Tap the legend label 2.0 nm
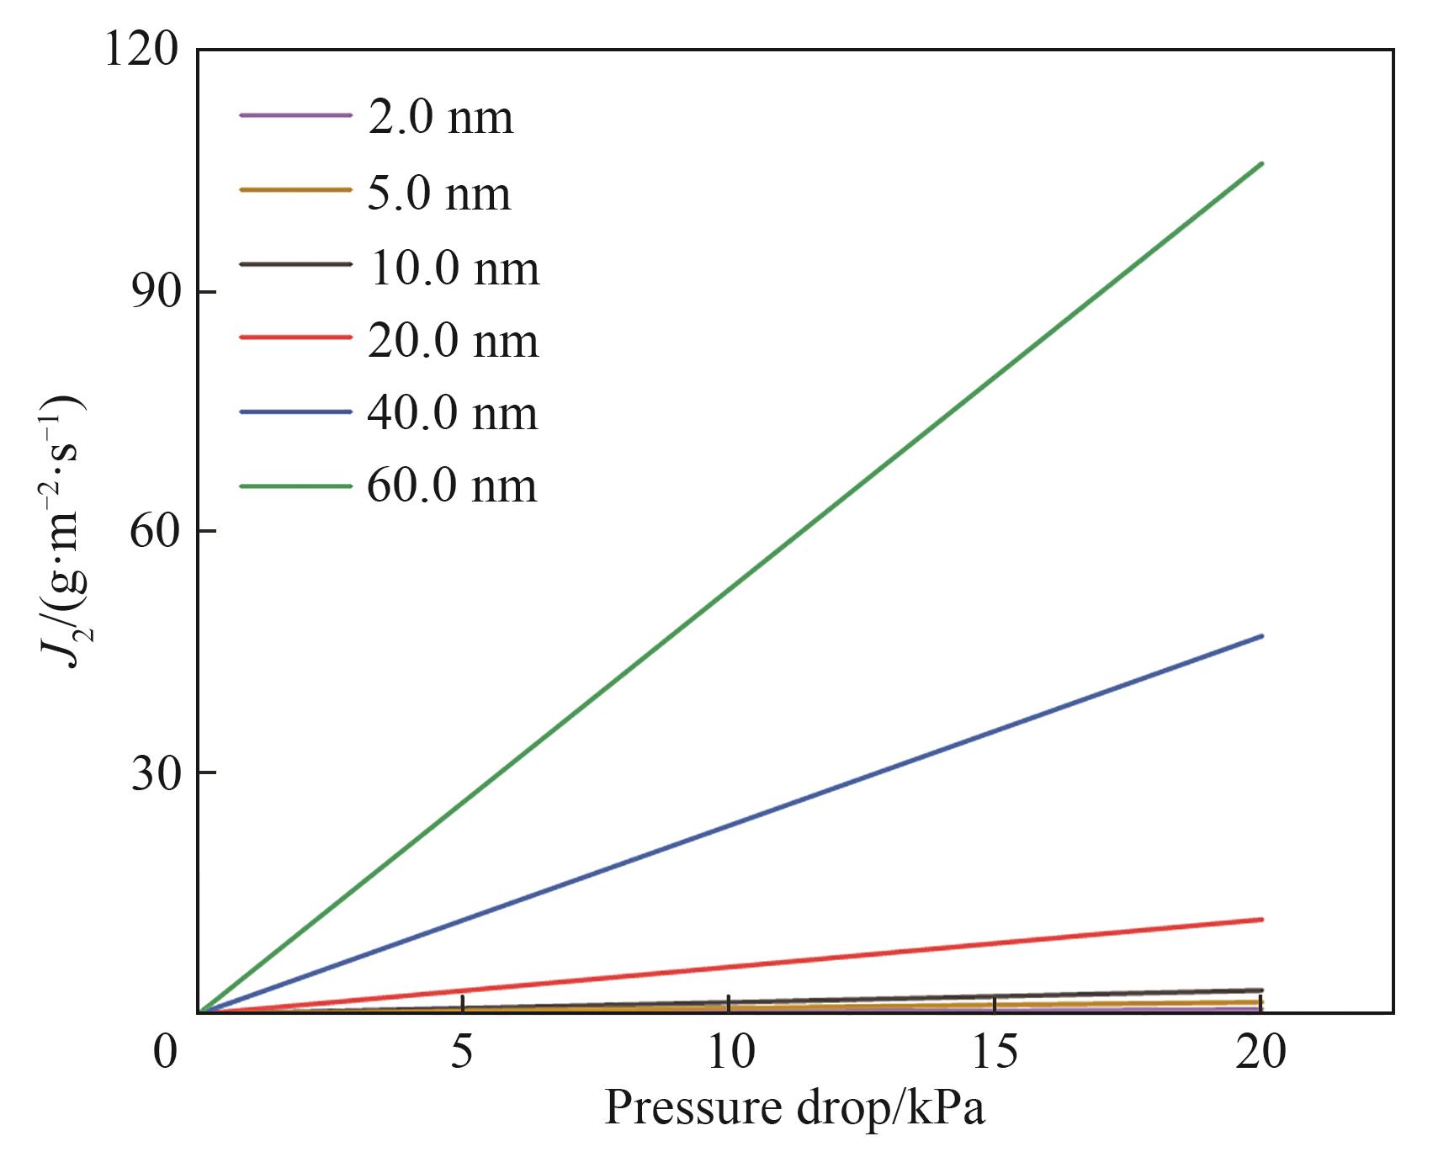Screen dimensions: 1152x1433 click(x=440, y=117)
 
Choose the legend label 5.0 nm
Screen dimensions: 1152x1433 click(x=439, y=193)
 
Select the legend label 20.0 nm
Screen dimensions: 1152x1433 click(x=454, y=341)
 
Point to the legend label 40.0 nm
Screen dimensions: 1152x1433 click(x=453, y=413)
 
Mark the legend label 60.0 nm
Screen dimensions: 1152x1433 click(x=452, y=486)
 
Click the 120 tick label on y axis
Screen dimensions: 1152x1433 click(x=141, y=50)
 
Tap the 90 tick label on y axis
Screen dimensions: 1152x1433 click(x=155, y=292)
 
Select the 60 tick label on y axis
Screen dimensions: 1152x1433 click(x=155, y=532)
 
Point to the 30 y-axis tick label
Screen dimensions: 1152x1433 click(x=155, y=773)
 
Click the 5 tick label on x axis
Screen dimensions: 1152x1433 click(x=462, y=1053)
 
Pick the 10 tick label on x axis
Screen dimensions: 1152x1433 click(x=730, y=1053)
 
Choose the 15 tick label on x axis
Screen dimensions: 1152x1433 click(x=995, y=1053)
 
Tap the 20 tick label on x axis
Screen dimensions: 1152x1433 click(x=1261, y=1053)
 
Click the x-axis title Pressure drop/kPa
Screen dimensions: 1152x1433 click(x=794, y=1108)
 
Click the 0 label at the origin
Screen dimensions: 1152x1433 click(x=166, y=1053)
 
